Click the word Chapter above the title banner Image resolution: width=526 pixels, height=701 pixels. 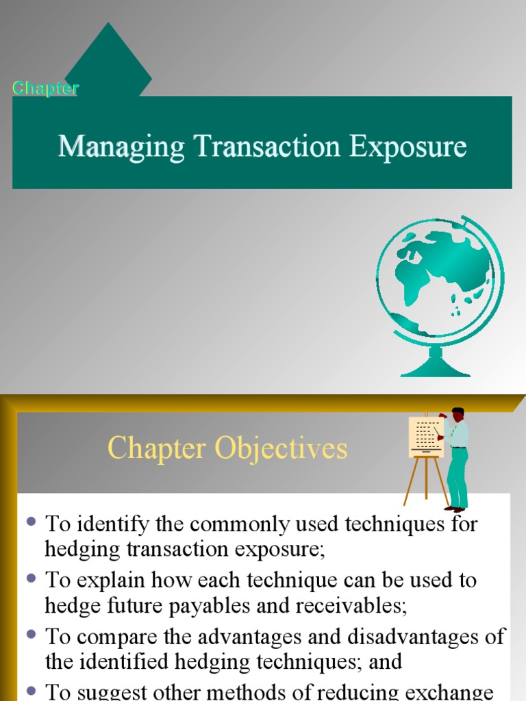pyautogui.click(x=45, y=88)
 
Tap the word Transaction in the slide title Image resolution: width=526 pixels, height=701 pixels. pyautogui.click(x=268, y=146)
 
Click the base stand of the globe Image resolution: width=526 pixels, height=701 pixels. pyautogui.click(x=436, y=366)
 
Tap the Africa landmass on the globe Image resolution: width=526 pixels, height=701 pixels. pyautogui.click(x=418, y=274)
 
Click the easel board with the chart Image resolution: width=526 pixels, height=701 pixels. pyautogui.click(x=425, y=436)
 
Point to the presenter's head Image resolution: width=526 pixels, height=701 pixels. pyautogui.click(x=458, y=414)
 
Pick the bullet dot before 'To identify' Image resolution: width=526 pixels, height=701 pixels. pyautogui.click(x=31, y=522)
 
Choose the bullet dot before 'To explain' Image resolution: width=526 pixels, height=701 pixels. pyautogui.click(x=31, y=578)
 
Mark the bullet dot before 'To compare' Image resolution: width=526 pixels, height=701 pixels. pyautogui.click(x=31, y=634)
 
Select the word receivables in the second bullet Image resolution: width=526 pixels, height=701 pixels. pyautogui.click(x=349, y=605)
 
